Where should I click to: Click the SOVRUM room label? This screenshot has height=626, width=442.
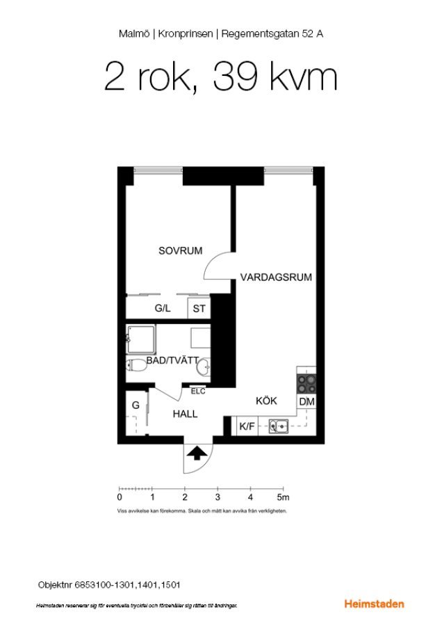[x=180, y=250]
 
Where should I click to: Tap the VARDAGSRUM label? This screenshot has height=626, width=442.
[x=276, y=277]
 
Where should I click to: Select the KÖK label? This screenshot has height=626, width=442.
[x=266, y=400]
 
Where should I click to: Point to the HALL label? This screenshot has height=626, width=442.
[x=185, y=414]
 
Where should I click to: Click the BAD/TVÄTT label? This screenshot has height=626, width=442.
[x=172, y=360]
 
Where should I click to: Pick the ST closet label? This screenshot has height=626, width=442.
[x=199, y=309]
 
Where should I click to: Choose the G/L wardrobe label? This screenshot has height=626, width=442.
[x=163, y=308]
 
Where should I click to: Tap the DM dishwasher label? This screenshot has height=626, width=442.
[x=306, y=401]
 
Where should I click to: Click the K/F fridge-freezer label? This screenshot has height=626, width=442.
[x=247, y=426]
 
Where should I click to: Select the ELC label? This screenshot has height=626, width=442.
[x=198, y=391]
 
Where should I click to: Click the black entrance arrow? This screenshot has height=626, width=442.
[x=197, y=453]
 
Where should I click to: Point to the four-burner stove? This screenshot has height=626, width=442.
[x=306, y=384]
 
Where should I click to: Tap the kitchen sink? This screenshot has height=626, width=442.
[x=279, y=426]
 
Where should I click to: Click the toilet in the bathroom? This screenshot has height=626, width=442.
[x=136, y=365]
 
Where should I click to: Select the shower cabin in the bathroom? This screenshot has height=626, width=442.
[x=140, y=339]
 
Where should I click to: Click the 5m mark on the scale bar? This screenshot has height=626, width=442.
[x=284, y=497]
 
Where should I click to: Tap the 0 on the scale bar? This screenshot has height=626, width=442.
[x=120, y=497]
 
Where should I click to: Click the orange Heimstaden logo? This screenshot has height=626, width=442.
[x=374, y=604]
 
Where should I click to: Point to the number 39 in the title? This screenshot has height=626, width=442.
[x=235, y=77]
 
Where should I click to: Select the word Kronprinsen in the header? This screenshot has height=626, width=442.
[x=186, y=34]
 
